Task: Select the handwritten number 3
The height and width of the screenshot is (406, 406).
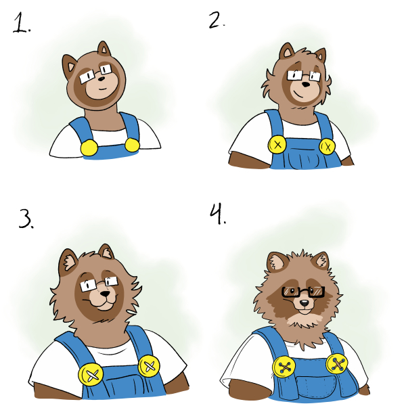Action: coord(25,219)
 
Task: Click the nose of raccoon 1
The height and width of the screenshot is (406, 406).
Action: coord(101,78)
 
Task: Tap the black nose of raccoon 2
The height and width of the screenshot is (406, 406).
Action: coord(306,85)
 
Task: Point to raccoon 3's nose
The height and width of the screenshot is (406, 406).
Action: coord(106,294)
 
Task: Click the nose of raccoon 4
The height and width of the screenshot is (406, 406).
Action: coord(304,302)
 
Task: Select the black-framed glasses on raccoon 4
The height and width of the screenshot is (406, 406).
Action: coord(303,292)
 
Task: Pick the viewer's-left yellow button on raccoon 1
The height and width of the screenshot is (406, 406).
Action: coord(89,148)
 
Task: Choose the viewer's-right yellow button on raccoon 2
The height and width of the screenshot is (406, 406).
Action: coord(327,146)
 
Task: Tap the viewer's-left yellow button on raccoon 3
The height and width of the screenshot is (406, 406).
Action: coord(91,374)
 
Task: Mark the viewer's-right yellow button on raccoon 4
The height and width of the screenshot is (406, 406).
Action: coord(336,364)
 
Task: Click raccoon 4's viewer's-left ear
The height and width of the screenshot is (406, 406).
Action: coord(277,261)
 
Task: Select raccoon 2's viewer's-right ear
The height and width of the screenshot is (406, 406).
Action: coord(321,55)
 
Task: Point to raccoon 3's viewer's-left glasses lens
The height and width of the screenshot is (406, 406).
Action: coord(86,286)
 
